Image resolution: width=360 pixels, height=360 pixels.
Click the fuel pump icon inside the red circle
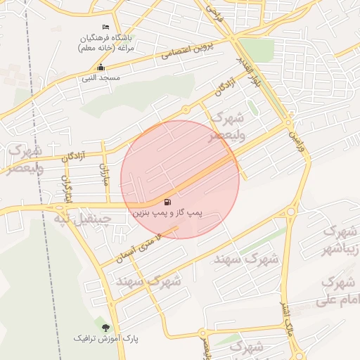pos(167,201)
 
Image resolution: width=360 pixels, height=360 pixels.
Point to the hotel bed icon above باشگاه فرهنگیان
pos(106,27)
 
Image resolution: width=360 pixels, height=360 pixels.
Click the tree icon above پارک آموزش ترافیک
pos(105,328)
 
